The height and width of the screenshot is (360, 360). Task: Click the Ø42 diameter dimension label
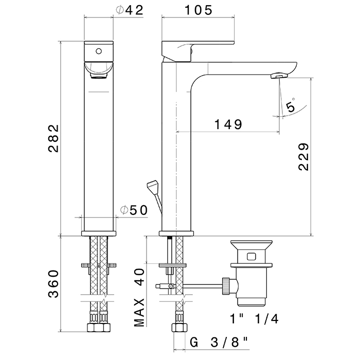pos(130,10)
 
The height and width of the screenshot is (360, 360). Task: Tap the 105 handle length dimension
pos(199,10)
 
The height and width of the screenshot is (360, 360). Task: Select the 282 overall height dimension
pos(53,138)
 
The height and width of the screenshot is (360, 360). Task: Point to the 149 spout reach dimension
pos(228,124)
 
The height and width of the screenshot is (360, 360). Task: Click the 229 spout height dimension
pos(304,157)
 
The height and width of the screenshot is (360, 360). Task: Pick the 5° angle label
pos(291,105)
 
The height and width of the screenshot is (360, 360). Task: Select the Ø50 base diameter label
pos(134,210)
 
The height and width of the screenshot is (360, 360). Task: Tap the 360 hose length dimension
pos(53,284)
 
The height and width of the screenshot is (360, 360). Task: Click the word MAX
pos(139,312)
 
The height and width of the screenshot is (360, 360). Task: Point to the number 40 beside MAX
pos(139,277)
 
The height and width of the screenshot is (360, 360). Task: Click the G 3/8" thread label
pos(219,343)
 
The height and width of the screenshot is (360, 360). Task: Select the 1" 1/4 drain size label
pos(254,319)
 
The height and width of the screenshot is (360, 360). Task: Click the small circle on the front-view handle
pos(99,51)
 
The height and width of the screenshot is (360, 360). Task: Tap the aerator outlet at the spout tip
pos(279,76)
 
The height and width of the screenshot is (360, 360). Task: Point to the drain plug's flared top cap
pos(251,245)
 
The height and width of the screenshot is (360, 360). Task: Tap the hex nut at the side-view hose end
pos(179,328)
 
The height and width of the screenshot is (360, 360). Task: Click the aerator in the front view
pos(99,75)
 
